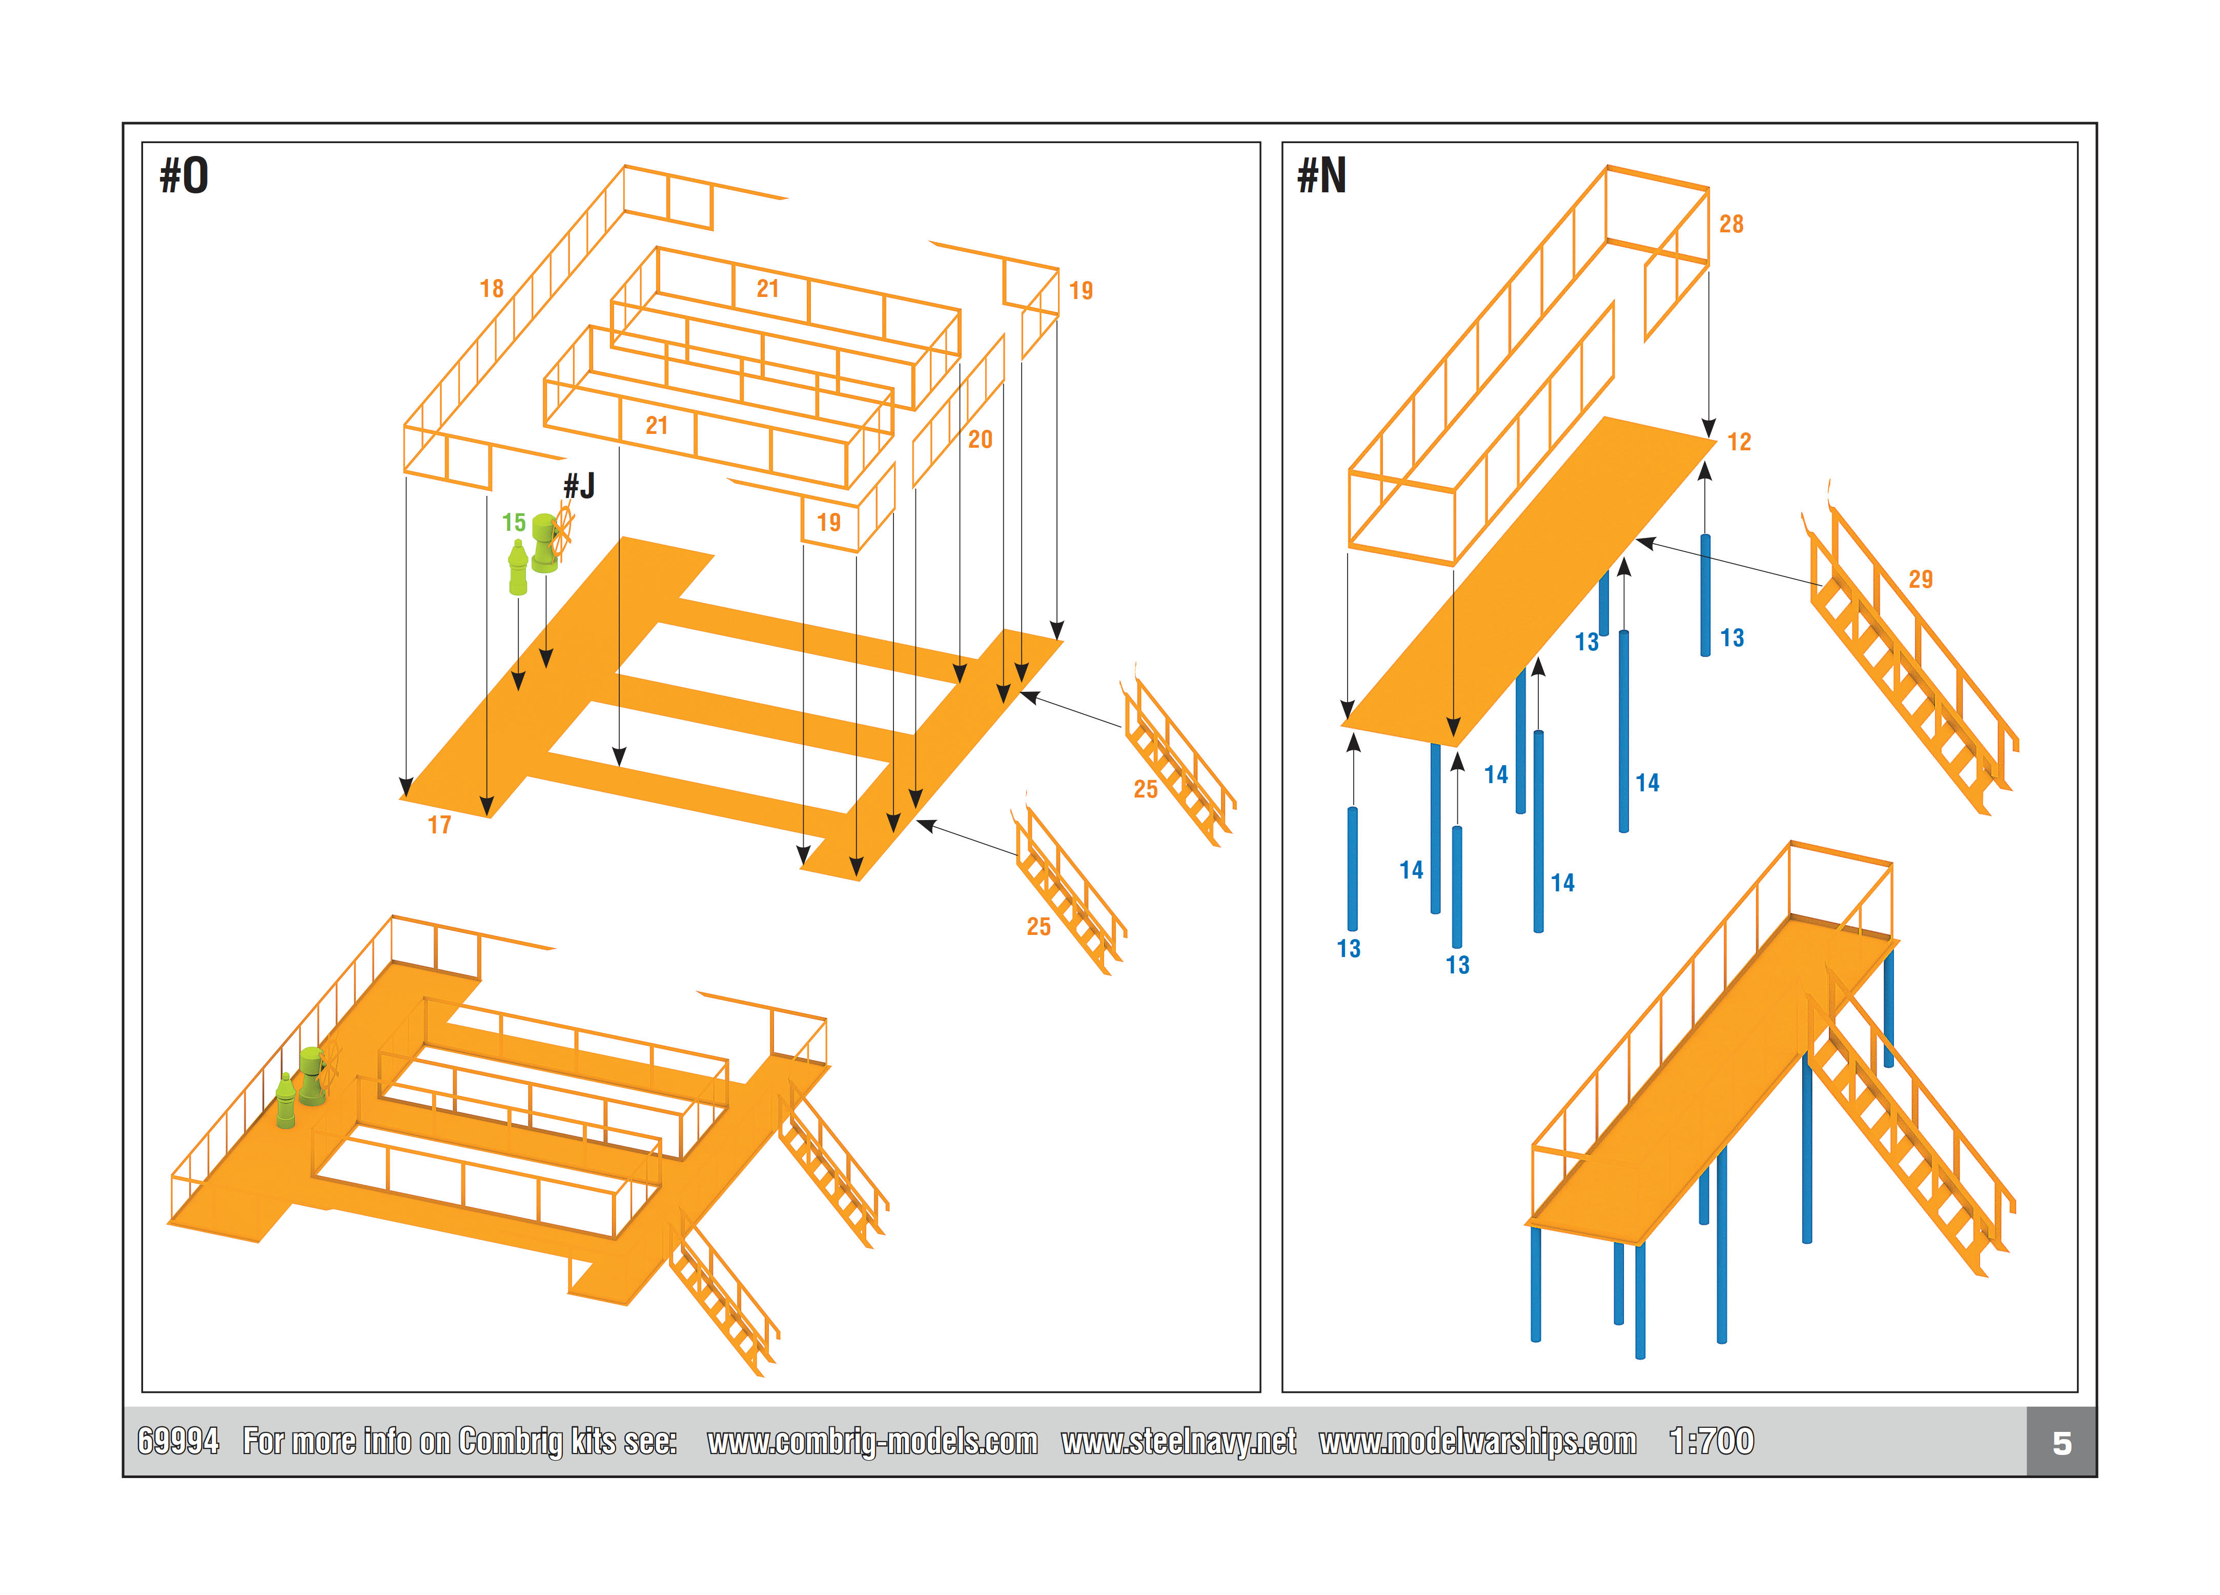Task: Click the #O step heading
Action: [x=184, y=176]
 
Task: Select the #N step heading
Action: [x=1321, y=176]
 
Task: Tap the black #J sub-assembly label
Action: [x=579, y=486]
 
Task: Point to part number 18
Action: [x=492, y=289]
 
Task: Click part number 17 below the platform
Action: [x=439, y=825]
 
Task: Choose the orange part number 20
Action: [x=980, y=440]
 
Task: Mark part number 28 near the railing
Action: [x=1730, y=224]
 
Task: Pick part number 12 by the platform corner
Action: [x=1738, y=442]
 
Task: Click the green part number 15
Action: [x=514, y=523]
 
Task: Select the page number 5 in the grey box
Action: [x=2062, y=1443]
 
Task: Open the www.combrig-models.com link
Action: [x=872, y=1441]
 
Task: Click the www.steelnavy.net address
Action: [x=1178, y=1441]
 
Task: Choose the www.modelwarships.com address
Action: [x=1477, y=1441]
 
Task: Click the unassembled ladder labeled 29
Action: [x=1909, y=666]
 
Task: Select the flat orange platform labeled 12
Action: [x=1527, y=587]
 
